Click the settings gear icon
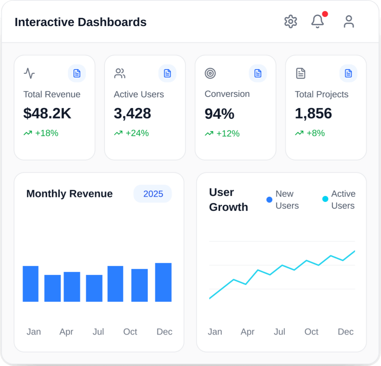coord(290,22)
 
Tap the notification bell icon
coord(317,22)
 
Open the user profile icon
coord(349,22)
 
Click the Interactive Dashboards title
coord(81,22)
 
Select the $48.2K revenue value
coord(47,113)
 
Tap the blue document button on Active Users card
coord(167,73)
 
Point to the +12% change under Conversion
coord(227,133)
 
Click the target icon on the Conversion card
coord(210,73)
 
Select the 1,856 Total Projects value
coord(313,113)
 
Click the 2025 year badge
coord(153,194)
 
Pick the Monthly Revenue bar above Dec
coord(163,282)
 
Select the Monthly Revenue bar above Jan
coord(31,284)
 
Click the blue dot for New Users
coord(269,200)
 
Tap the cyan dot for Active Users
coord(325,199)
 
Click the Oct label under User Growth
coord(311,332)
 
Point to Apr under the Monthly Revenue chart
coord(66,332)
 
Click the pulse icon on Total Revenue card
coord(29,73)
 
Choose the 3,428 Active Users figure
coord(132,113)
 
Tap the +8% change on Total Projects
coord(315,133)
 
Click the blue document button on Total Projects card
coord(348,73)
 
